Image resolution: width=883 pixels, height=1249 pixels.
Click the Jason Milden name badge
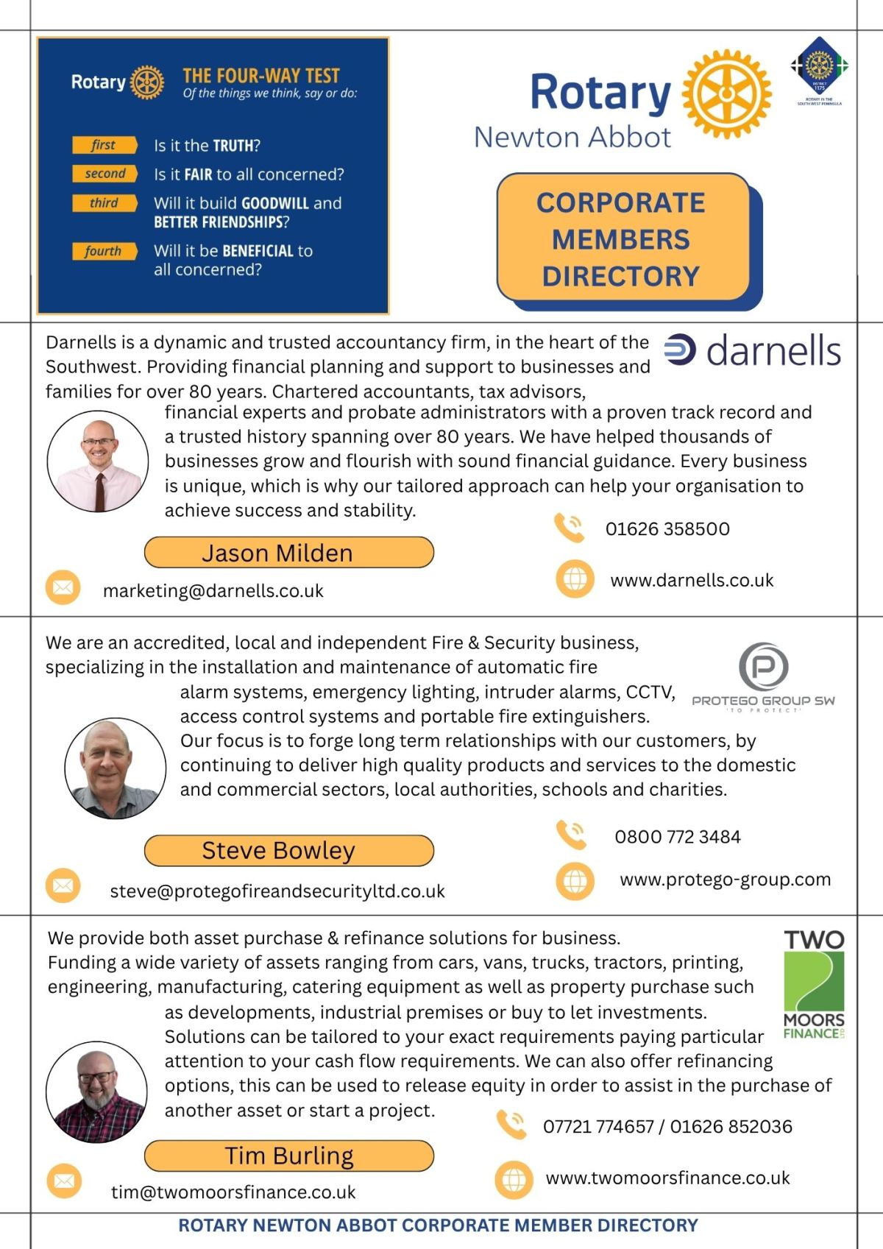click(x=288, y=553)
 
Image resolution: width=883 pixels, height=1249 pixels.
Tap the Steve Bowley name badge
click(x=288, y=851)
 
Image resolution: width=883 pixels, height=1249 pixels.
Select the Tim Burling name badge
click(x=288, y=1156)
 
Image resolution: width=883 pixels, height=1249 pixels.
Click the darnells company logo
click(x=752, y=351)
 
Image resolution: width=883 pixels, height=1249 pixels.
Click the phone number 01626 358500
click(x=667, y=529)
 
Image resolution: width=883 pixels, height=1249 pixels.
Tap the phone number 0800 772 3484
click(x=677, y=837)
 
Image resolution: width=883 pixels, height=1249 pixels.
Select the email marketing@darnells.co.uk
click(x=213, y=591)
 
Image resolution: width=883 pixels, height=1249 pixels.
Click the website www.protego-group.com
click(x=725, y=880)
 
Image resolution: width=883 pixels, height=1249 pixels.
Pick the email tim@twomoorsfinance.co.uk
click(x=233, y=1192)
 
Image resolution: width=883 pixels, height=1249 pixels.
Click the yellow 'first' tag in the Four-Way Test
click(x=104, y=145)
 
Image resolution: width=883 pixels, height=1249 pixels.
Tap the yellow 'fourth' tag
click(x=104, y=251)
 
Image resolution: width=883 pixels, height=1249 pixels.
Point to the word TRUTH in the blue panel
click(x=233, y=146)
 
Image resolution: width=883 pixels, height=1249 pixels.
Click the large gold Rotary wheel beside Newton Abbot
click(x=727, y=94)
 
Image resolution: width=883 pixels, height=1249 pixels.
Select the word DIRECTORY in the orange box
click(x=621, y=277)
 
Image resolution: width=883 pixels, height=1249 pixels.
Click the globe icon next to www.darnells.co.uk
click(x=575, y=579)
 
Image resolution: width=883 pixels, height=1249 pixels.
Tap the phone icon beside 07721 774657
click(x=511, y=1125)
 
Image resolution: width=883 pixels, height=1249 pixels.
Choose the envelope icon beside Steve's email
click(x=63, y=885)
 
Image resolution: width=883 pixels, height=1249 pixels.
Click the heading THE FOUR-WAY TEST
click(x=261, y=76)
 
